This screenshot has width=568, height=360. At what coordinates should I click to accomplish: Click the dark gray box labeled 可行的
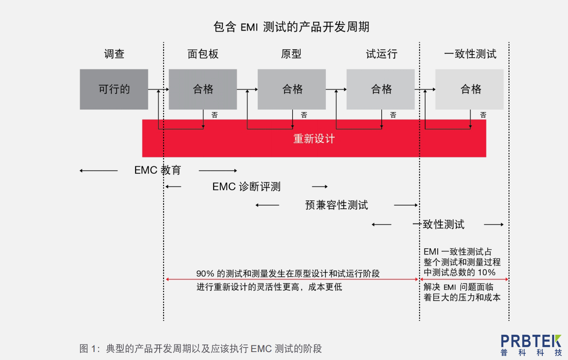[x=114, y=89]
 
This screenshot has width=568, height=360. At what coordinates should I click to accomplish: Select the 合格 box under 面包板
[x=203, y=89]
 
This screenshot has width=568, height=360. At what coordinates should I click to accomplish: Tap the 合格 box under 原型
[x=292, y=89]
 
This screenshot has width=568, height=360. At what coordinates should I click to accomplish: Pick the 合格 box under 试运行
[x=380, y=89]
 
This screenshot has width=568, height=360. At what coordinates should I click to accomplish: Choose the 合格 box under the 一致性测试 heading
[x=470, y=89]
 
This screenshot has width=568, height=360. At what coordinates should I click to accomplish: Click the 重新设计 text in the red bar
[x=314, y=139]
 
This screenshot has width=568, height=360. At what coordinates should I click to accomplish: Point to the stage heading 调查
[x=114, y=54]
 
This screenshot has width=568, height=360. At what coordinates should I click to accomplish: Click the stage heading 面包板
[x=203, y=54]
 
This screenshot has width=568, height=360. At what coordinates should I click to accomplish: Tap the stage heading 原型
[x=291, y=54]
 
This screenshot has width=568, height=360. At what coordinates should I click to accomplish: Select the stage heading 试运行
[x=381, y=54]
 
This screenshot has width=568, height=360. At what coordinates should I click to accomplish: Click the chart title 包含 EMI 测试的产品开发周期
[x=291, y=27]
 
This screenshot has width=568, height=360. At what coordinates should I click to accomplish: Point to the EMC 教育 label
[x=157, y=170]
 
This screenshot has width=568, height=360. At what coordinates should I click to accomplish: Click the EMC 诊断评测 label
[x=246, y=187]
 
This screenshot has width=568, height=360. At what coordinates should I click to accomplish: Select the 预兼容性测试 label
[x=337, y=205]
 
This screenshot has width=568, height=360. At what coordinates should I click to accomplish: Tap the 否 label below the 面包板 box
[x=215, y=115]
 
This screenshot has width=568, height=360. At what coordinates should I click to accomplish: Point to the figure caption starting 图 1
[x=200, y=348]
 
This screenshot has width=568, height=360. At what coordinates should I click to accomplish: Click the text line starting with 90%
[x=288, y=273]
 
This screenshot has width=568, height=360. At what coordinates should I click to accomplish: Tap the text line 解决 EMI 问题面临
[x=458, y=287]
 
